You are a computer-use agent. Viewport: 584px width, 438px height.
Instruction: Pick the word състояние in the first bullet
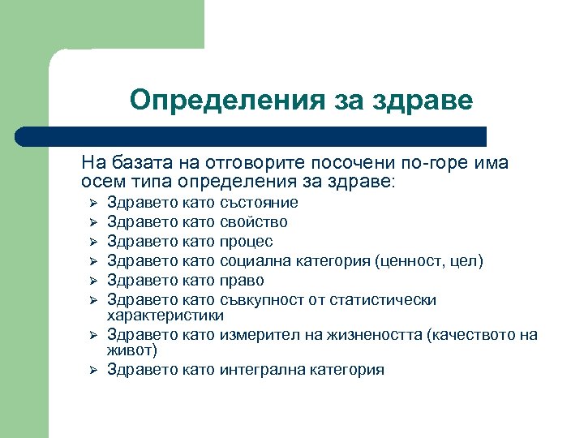tap(259, 202)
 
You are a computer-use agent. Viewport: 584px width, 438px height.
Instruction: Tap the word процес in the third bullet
tap(247, 241)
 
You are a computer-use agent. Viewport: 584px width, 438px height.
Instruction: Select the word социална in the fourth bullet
tap(257, 260)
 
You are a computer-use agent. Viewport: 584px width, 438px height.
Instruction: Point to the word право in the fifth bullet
tap(242, 280)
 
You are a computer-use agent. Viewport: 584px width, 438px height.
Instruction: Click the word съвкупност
tap(266, 299)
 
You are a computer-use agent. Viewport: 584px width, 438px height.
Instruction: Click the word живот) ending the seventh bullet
tap(132, 350)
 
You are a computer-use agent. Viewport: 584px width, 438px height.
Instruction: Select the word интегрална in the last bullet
tap(262, 370)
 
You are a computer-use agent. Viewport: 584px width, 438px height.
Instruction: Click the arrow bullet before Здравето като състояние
tap(92, 203)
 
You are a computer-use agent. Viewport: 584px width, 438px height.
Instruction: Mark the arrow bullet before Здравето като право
tap(92, 281)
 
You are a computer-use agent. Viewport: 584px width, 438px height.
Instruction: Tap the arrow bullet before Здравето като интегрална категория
tap(92, 371)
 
